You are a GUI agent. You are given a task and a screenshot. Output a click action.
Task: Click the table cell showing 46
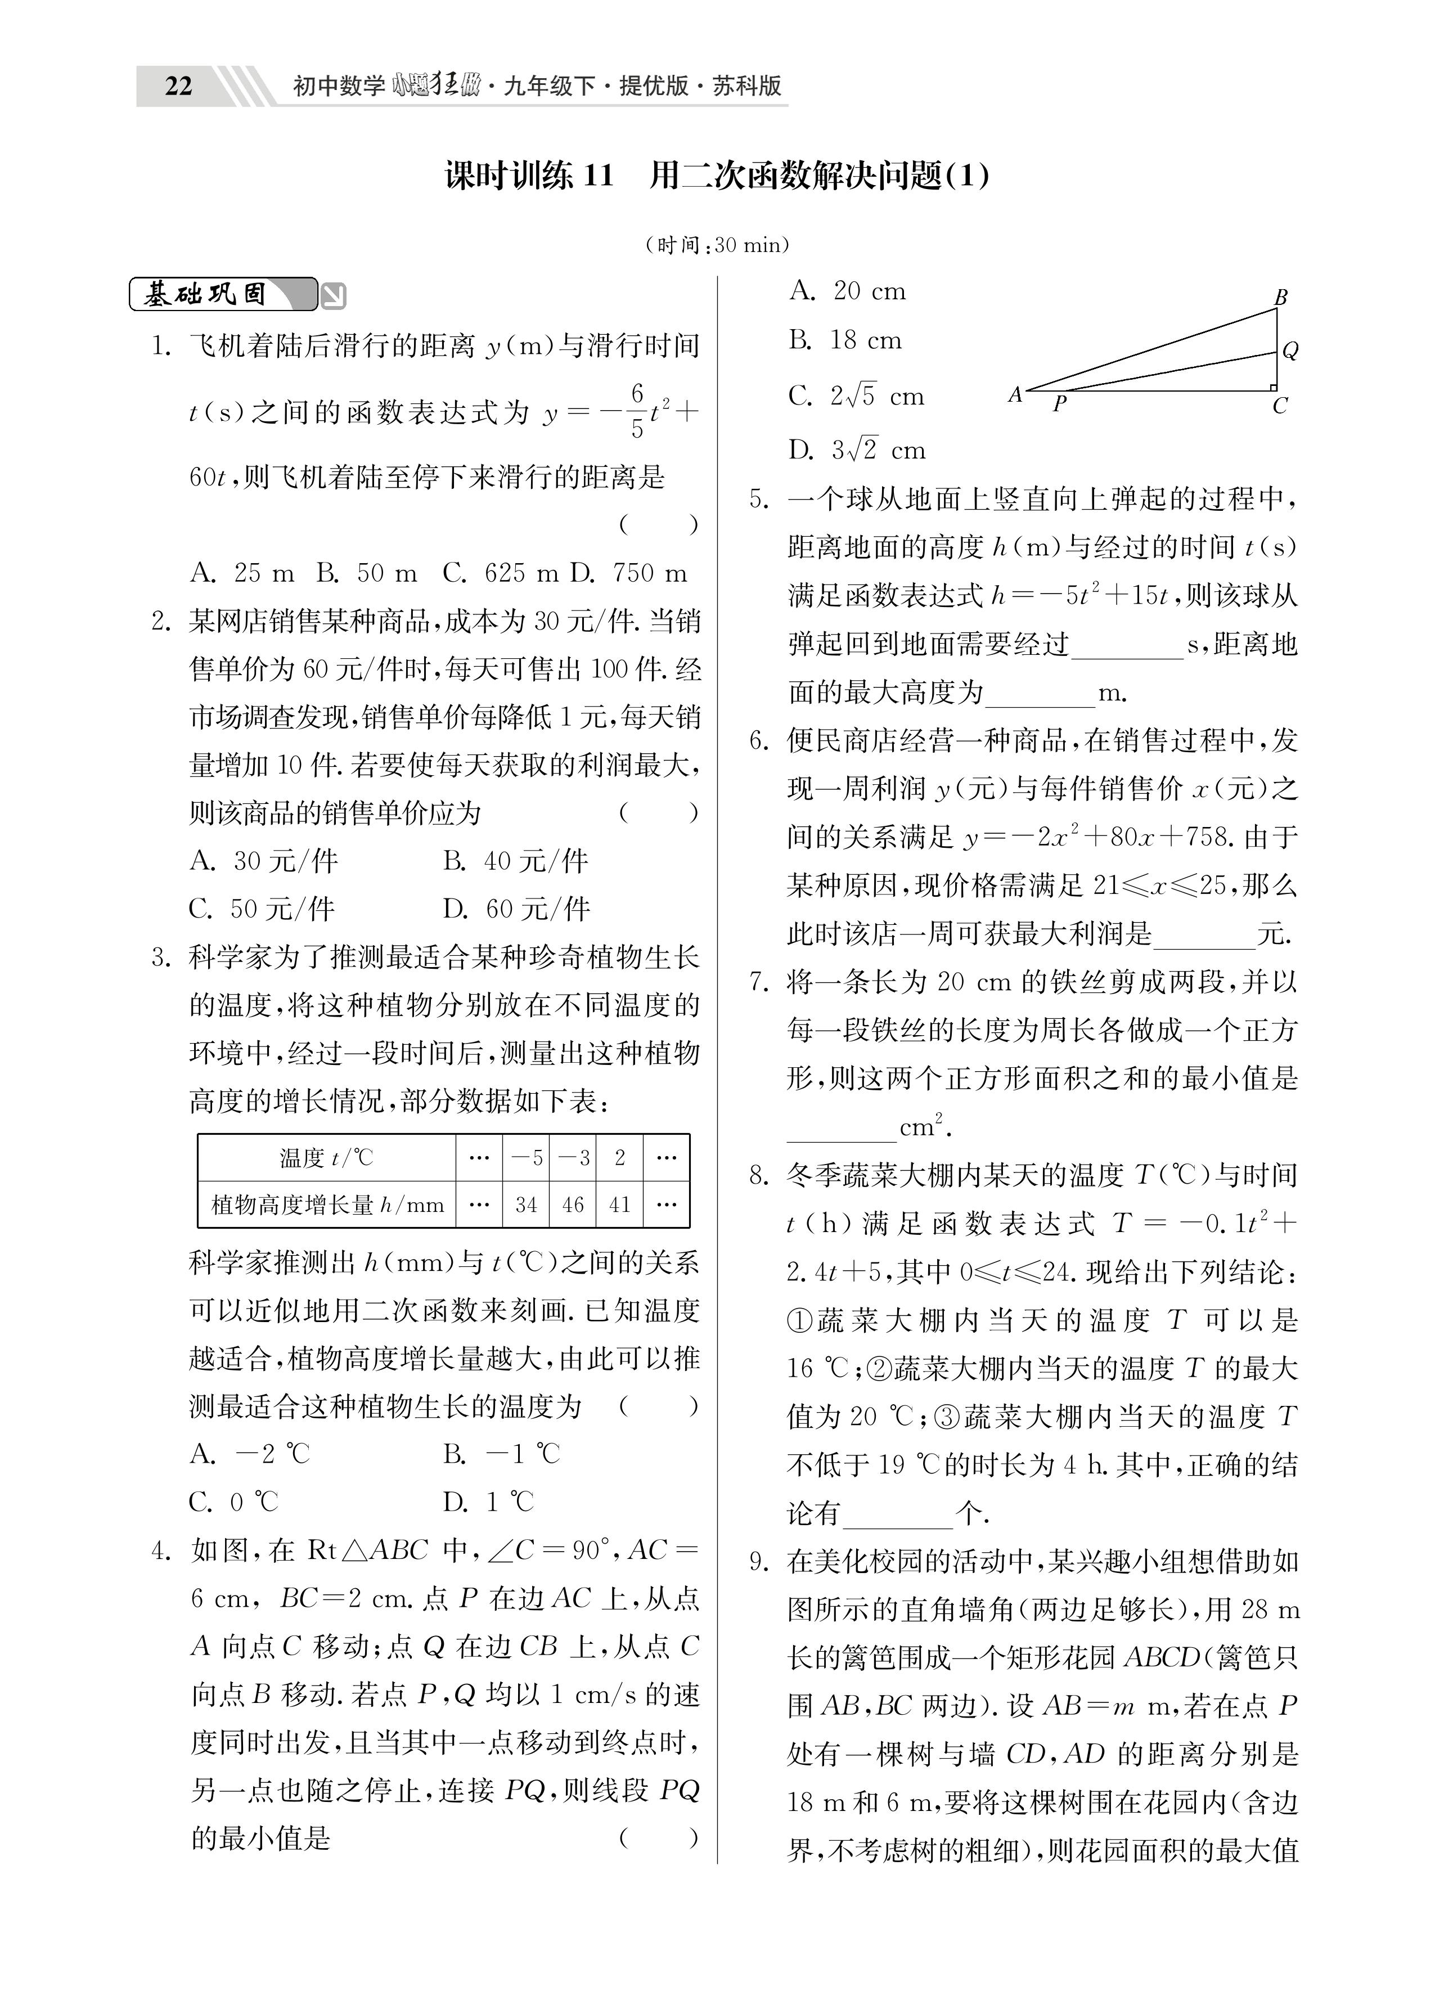(x=573, y=1204)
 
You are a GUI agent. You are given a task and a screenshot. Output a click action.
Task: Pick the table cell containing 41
(x=620, y=1204)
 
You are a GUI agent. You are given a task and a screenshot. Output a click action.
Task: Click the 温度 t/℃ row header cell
(x=326, y=1157)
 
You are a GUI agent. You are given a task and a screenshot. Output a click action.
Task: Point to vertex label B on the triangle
(x=1281, y=297)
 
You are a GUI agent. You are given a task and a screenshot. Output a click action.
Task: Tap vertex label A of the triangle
(x=1015, y=394)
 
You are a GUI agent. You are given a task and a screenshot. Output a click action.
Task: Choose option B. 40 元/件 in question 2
(x=515, y=861)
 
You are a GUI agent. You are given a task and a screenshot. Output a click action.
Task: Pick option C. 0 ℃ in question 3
(x=233, y=1502)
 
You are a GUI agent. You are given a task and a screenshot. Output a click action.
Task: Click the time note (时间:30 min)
(x=717, y=245)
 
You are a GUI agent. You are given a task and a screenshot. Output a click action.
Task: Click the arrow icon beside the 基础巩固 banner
(x=334, y=295)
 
